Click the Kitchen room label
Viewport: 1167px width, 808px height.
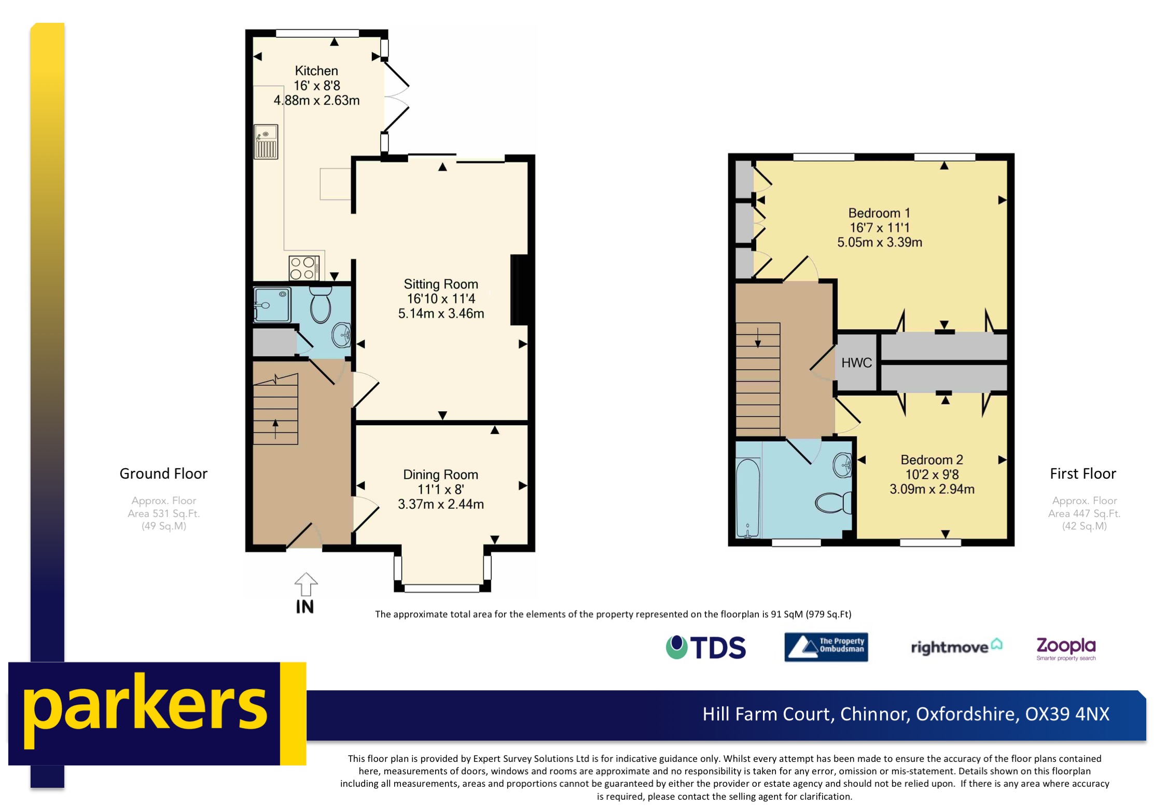316,71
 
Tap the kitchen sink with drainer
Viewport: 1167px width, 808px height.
266,142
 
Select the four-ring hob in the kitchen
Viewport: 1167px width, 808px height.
303,268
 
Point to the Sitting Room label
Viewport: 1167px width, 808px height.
441,284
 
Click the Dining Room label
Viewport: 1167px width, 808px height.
440,475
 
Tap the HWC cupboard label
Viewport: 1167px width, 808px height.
856,363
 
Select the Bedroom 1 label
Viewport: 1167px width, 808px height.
879,213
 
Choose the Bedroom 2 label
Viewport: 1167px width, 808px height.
932,460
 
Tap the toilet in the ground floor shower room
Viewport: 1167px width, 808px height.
321,306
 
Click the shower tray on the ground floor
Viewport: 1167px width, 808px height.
272,305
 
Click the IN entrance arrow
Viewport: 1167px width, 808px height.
305,585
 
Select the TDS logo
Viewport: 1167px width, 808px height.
706,647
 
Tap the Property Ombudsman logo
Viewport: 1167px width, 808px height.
826,647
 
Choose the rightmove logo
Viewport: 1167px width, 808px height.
956,647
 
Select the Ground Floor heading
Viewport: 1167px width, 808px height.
163,473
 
